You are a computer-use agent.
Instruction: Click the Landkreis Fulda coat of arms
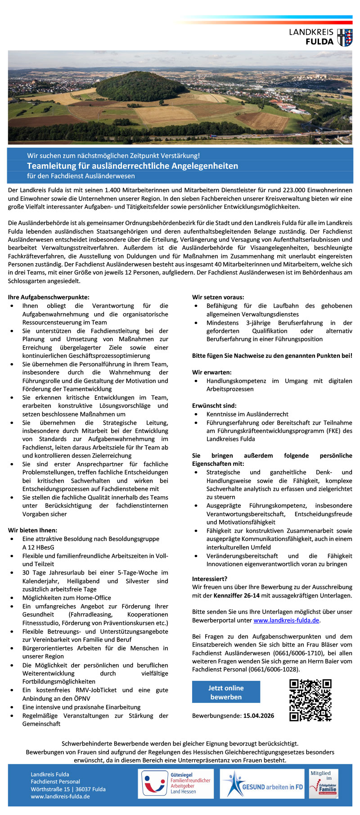tap(345, 37)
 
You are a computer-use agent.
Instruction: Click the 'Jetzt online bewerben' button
tap(226, 692)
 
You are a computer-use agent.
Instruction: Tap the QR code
tap(310, 700)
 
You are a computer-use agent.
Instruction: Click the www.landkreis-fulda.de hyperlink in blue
tap(286, 620)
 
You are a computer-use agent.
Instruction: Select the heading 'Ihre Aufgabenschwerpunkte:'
tap(49, 297)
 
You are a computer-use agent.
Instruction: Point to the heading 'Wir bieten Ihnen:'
tap(32, 530)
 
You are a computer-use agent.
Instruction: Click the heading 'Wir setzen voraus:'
tap(218, 297)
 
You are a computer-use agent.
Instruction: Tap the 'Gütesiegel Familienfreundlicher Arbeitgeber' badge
tap(175, 783)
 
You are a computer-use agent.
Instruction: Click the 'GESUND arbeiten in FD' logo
tap(262, 783)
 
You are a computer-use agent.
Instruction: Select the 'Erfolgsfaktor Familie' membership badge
tap(323, 783)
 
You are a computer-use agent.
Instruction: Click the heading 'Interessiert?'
tap(210, 579)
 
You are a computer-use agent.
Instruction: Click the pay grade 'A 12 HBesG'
tap(38, 547)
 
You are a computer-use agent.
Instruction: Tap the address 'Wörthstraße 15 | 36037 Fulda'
tap(68, 789)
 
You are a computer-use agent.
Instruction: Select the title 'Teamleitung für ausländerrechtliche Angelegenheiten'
tap(132, 166)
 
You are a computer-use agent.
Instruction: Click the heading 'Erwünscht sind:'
tap(214, 405)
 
